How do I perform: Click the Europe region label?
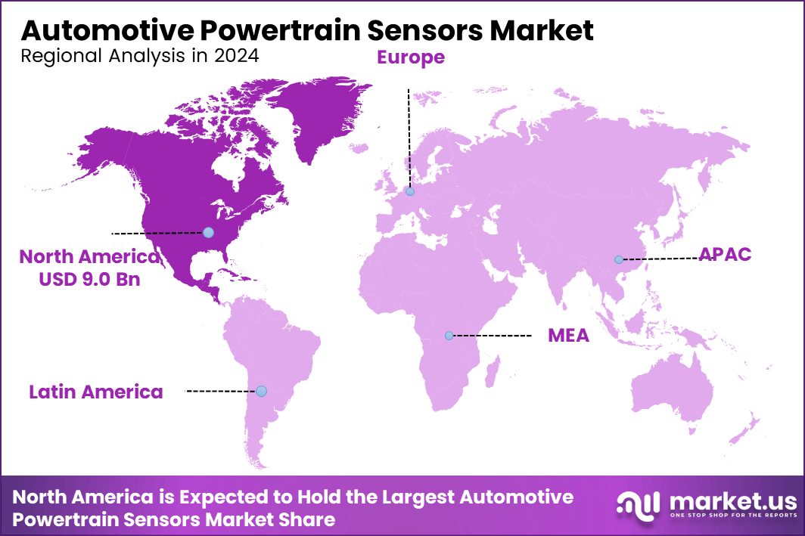410,57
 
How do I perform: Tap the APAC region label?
725,254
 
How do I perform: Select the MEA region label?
568,336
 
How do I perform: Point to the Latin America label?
96,392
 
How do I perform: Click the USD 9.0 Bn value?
90,279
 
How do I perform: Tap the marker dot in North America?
208,232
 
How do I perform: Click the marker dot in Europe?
410,192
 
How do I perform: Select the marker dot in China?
618,259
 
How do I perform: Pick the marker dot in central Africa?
449,335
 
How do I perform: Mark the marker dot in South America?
261,391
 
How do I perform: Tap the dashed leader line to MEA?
492,335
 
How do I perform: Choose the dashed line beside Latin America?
219,391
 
